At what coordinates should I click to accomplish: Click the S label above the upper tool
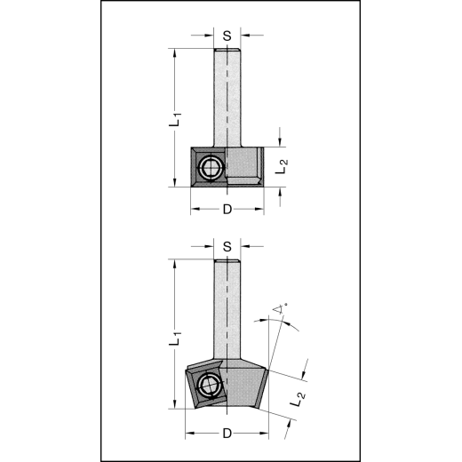click(228, 36)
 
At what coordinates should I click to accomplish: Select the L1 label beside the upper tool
click(175, 118)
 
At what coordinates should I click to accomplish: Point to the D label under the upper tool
click(227, 210)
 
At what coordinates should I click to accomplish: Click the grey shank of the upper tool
click(228, 98)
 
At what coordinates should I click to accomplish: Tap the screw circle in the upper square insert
click(211, 166)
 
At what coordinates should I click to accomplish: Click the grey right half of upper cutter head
click(246, 164)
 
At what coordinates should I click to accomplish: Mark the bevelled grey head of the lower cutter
click(247, 382)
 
